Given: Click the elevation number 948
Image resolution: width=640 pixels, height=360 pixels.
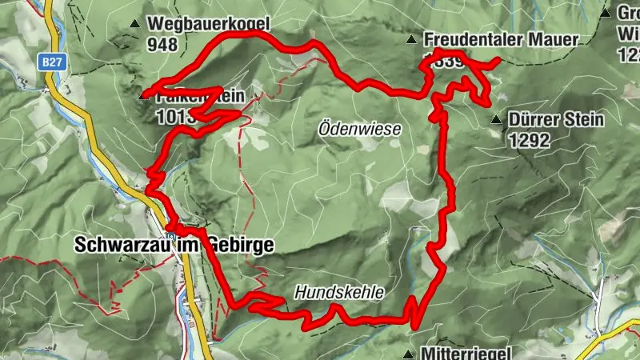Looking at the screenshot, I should pos(162,45).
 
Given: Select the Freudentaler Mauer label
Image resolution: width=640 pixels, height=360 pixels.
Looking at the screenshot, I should pos(502,39).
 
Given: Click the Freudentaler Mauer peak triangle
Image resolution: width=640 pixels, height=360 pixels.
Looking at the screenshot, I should pos(411,39).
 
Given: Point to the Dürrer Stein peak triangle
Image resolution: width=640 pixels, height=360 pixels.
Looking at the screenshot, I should pos(497,121).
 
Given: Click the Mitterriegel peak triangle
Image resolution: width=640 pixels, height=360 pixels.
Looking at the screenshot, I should pos(409,354).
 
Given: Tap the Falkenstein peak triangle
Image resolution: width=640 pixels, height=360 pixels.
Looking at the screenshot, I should pos(144,96).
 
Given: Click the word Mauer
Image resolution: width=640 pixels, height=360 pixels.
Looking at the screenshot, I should pos(557,39).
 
